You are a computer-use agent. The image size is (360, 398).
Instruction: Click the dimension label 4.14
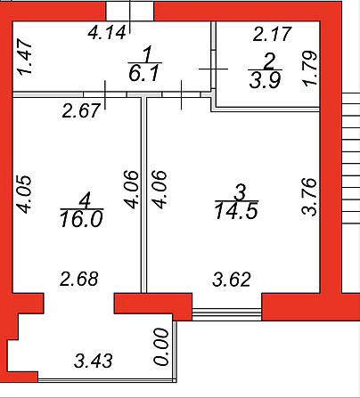coord(107,33)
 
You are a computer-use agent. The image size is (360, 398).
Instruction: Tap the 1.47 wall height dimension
coord(24,56)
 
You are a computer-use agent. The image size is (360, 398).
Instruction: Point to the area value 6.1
coord(144,73)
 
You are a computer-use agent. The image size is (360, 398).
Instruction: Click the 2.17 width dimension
coord(273,34)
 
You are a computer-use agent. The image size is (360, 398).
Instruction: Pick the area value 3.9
coord(265,80)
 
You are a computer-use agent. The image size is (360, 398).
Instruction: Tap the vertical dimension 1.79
coord(309,69)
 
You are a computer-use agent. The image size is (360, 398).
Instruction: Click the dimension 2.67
coord(81,110)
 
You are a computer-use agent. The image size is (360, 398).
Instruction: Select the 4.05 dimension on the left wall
coord(24,194)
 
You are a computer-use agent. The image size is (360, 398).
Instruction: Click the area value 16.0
coord(81,219)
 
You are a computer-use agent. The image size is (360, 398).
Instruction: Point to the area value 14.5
coord(236,211)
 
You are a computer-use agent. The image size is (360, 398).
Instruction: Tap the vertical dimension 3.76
coord(308,197)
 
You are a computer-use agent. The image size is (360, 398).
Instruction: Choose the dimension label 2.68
coord(79,279)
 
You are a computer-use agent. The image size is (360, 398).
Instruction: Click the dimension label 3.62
coord(232,280)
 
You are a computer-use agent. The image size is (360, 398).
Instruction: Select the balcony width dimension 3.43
coord(94,361)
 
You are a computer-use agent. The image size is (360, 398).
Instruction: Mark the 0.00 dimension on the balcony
coord(162,346)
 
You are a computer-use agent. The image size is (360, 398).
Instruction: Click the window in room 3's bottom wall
coord(227,314)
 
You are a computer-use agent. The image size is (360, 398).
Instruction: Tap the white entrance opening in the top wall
coord(129,12)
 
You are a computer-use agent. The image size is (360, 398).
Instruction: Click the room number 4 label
coord(85,200)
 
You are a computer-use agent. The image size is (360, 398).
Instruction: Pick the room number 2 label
coord(269,61)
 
